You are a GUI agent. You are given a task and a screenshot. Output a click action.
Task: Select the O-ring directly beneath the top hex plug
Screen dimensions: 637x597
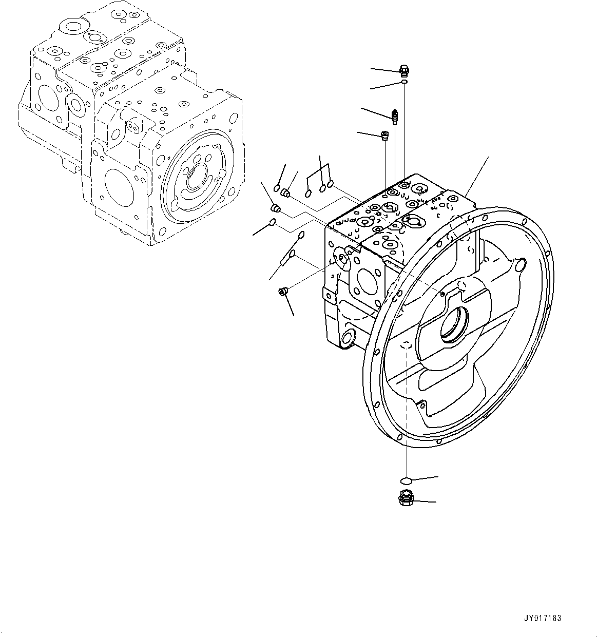point(405,82)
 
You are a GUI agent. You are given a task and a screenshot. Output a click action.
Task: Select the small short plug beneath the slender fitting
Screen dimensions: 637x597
point(384,136)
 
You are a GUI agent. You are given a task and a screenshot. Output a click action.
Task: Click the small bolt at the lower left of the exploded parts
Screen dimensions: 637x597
point(282,292)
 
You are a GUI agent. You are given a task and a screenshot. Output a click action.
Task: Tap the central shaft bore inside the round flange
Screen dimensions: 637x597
point(454,324)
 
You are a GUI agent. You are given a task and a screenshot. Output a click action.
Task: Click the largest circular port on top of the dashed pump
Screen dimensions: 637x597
point(70,27)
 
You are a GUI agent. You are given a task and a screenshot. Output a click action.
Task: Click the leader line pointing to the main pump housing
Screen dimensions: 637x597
point(477,175)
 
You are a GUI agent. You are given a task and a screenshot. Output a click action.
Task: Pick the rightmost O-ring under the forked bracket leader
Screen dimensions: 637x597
point(331,183)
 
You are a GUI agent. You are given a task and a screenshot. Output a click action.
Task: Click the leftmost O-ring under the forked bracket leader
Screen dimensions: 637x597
point(308,194)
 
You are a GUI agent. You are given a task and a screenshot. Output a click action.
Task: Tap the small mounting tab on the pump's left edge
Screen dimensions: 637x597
point(327,295)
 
